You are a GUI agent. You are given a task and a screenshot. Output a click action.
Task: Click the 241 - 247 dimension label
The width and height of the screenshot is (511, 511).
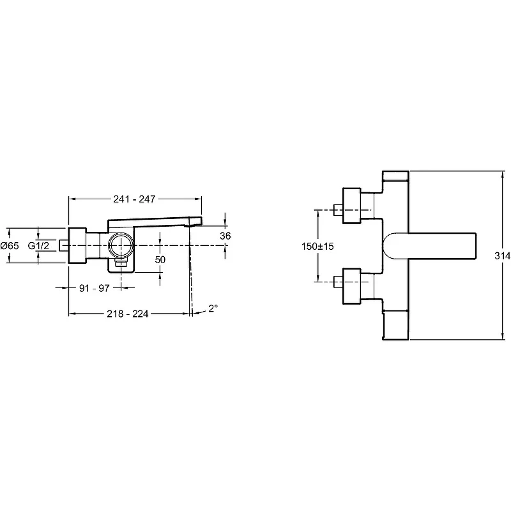[134, 199]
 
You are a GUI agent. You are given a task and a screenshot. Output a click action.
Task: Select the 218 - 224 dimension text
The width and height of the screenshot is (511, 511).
[127, 314]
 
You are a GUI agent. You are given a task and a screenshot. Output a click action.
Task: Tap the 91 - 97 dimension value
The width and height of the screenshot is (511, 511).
[94, 288]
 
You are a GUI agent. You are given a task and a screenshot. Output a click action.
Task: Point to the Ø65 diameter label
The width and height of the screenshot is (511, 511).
[10, 245]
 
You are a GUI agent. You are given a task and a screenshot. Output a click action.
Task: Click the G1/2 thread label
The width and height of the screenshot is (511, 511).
[38, 245]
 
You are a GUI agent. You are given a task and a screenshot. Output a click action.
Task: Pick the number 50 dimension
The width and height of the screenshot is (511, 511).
[160, 260]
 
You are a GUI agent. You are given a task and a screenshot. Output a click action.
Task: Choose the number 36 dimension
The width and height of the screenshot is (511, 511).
[225, 236]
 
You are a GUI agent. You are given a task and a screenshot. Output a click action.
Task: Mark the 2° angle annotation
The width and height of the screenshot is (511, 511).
[213, 308]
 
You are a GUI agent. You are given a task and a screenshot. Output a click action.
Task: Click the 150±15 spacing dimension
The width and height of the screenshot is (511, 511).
[317, 246]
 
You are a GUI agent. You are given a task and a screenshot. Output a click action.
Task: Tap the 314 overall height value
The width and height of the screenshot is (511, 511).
[503, 256]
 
